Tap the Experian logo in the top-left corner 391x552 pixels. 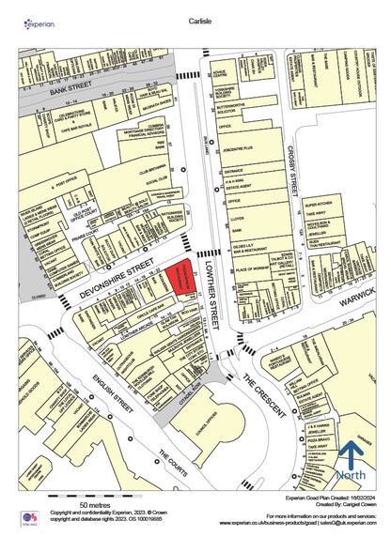pyautogui.click(x=39, y=22)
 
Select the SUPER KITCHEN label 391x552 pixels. pyautogui.click(x=320, y=202)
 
